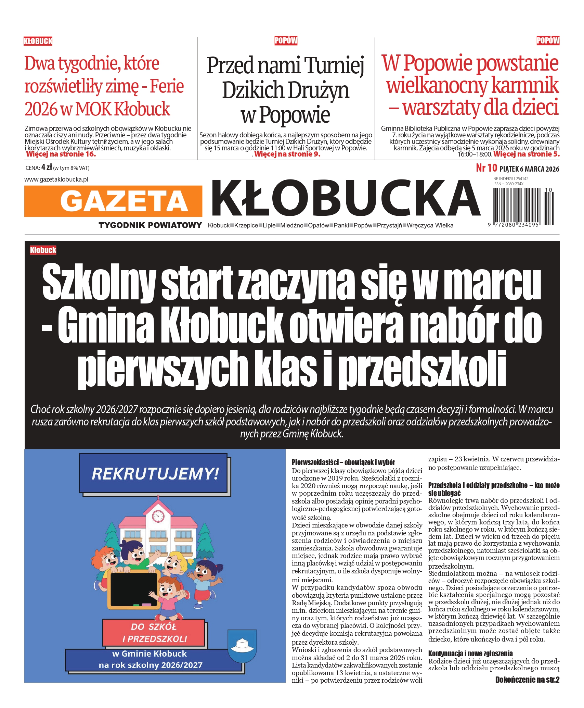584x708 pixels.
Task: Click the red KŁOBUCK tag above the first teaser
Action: tap(38, 41)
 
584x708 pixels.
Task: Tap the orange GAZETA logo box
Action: tap(113, 201)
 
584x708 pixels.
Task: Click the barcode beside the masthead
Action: tap(523, 207)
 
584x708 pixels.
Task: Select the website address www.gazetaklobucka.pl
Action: tap(56, 179)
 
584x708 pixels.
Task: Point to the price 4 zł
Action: tap(47, 167)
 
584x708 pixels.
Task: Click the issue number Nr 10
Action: tap(486, 168)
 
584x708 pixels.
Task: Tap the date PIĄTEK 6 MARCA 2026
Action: tap(529, 169)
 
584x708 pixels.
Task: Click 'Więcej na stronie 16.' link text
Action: tap(61, 154)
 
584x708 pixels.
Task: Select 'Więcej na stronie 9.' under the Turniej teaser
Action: tap(287, 154)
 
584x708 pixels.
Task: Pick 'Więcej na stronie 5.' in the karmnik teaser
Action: tap(527, 154)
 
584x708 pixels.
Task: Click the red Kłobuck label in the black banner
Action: tap(43, 250)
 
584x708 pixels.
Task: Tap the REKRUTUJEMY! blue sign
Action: tap(155, 474)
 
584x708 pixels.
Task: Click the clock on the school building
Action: tap(158, 516)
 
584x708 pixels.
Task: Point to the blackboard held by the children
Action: tap(134, 588)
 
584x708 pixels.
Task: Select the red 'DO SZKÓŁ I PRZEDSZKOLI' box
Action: tap(154, 633)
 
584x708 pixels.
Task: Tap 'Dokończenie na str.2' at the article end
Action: tap(527, 680)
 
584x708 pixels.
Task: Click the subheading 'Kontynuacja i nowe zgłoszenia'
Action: tap(470, 654)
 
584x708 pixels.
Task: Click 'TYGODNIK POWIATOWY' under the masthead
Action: tap(150, 225)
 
